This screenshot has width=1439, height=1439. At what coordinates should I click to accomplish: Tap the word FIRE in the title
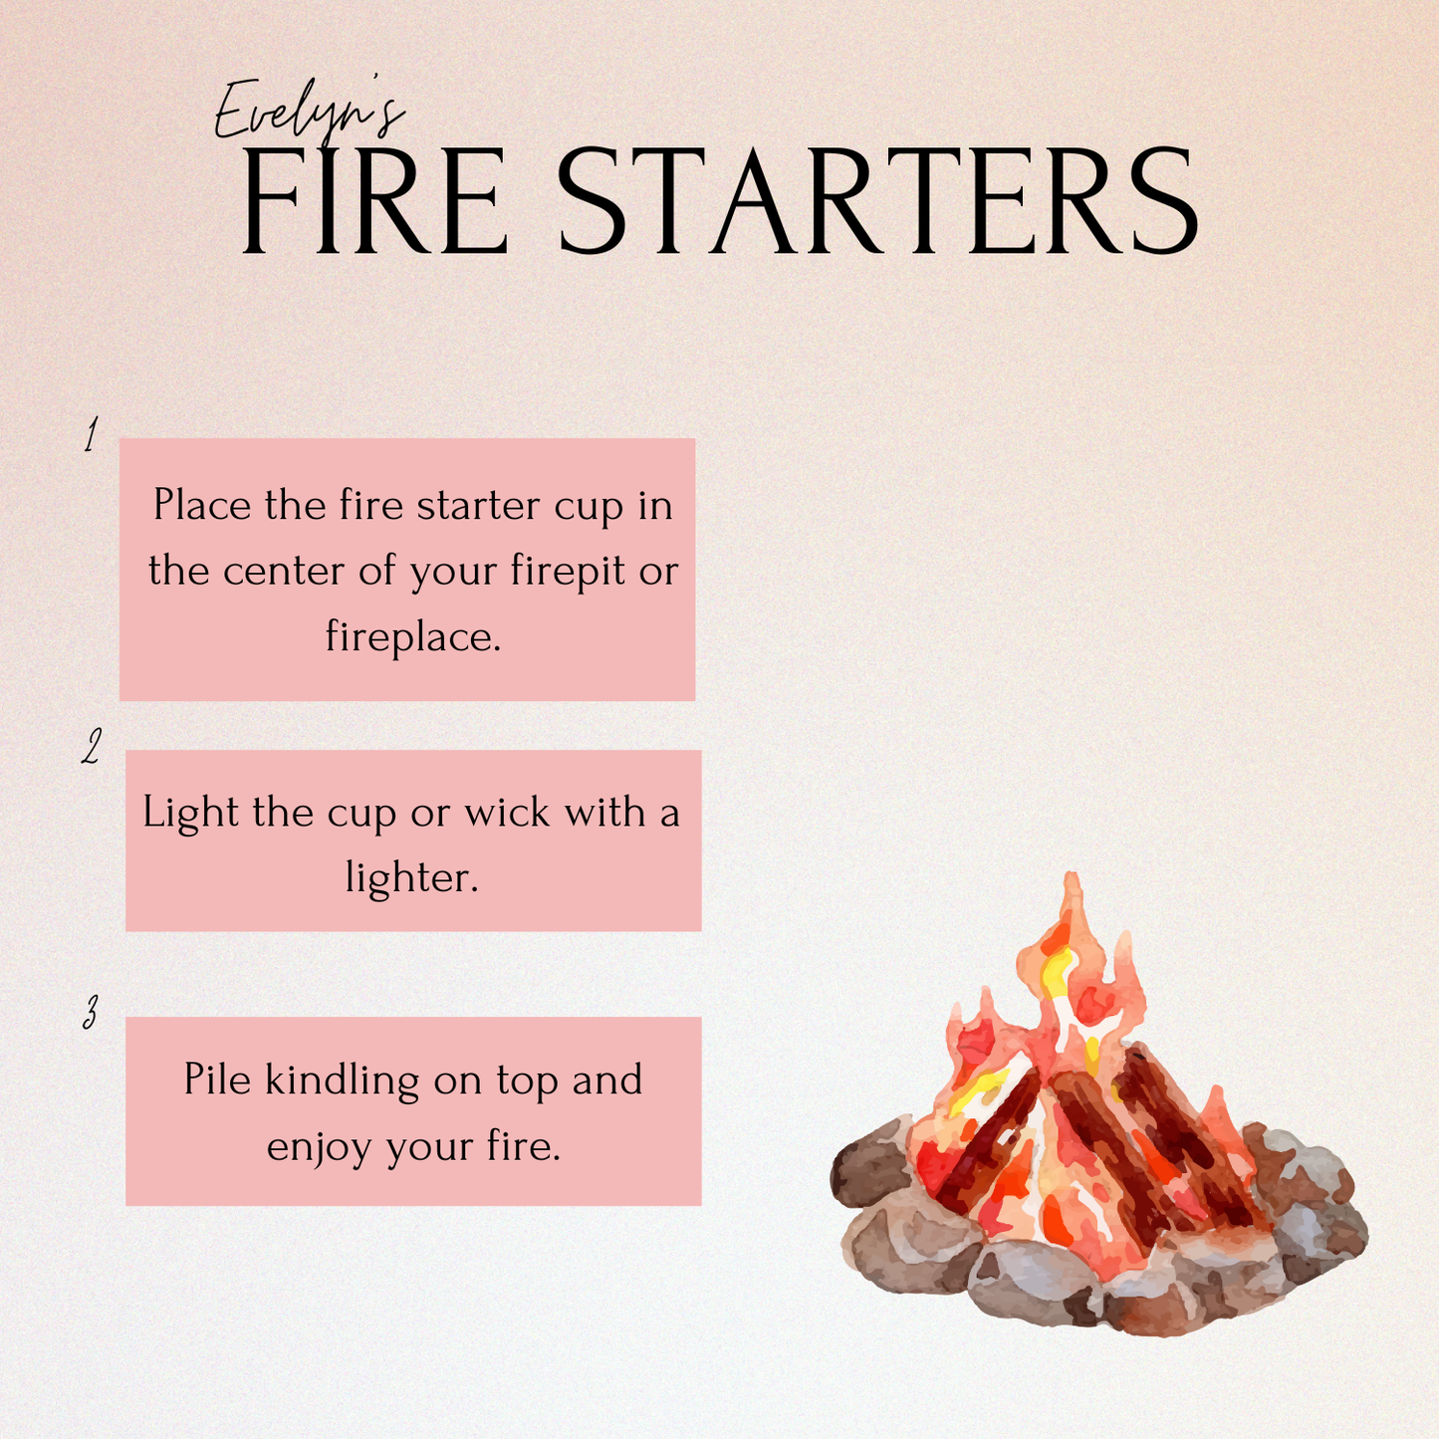coord(374,203)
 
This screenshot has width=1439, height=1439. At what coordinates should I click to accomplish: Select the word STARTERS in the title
coord(876,203)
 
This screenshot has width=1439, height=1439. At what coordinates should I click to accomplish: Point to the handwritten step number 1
coord(92,436)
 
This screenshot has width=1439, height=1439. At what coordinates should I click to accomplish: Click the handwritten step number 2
coord(92,746)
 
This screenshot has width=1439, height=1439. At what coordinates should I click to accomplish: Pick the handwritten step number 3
coord(91,1013)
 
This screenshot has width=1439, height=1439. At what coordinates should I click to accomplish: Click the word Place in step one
coord(202,506)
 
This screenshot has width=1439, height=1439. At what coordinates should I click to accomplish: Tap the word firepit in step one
coord(569,572)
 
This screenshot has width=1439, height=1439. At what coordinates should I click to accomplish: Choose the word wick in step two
coord(507,813)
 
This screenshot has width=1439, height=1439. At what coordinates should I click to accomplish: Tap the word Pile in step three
coord(217,1080)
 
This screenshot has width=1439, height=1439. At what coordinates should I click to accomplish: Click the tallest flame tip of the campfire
coord(1072,881)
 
